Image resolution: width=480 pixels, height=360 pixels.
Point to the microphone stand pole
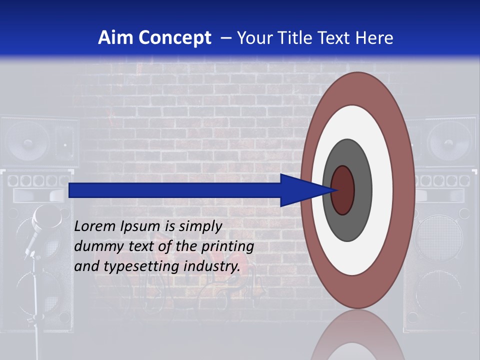tap(35, 300)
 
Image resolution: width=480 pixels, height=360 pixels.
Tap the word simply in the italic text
tap(200, 226)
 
